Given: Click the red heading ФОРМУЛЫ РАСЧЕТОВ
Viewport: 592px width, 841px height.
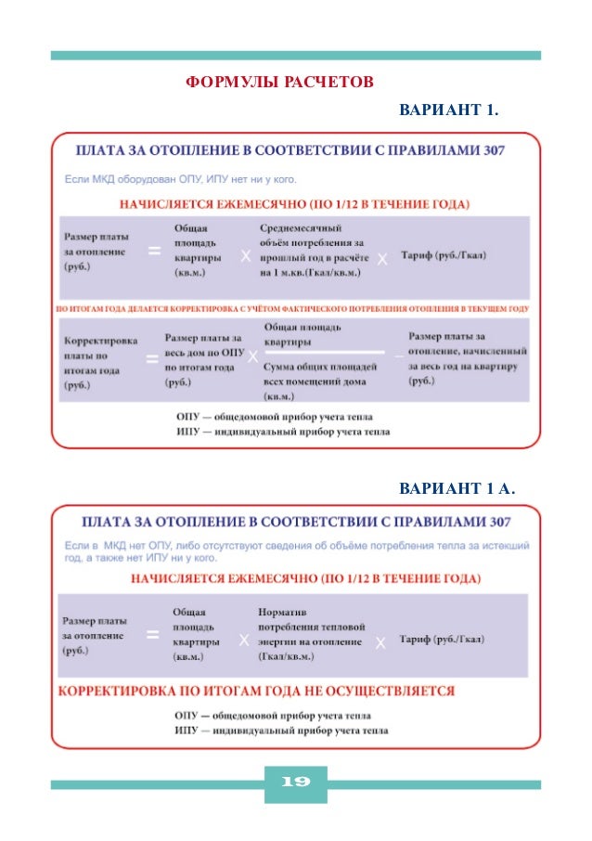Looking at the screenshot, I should pyautogui.click(x=279, y=83).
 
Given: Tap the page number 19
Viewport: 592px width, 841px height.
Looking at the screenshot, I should pyautogui.click(x=295, y=783).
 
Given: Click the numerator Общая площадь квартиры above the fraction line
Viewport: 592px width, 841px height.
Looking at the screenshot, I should pyautogui.click(x=302, y=334).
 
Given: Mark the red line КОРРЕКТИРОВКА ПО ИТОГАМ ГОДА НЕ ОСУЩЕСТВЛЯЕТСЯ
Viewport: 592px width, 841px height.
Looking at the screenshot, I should pyautogui.click(x=257, y=692).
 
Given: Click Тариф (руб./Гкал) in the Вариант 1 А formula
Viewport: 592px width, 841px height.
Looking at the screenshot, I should pyautogui.click(x=442, y=640).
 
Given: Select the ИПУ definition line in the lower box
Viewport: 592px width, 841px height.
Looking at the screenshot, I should pyautogui.click(x=281, y=731).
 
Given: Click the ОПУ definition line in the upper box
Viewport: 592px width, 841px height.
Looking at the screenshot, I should pyautogui.click(x=281, y=417).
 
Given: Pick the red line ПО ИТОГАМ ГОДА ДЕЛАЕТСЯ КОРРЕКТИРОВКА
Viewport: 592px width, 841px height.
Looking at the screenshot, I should pyautogui.click(x=292, y=308).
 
